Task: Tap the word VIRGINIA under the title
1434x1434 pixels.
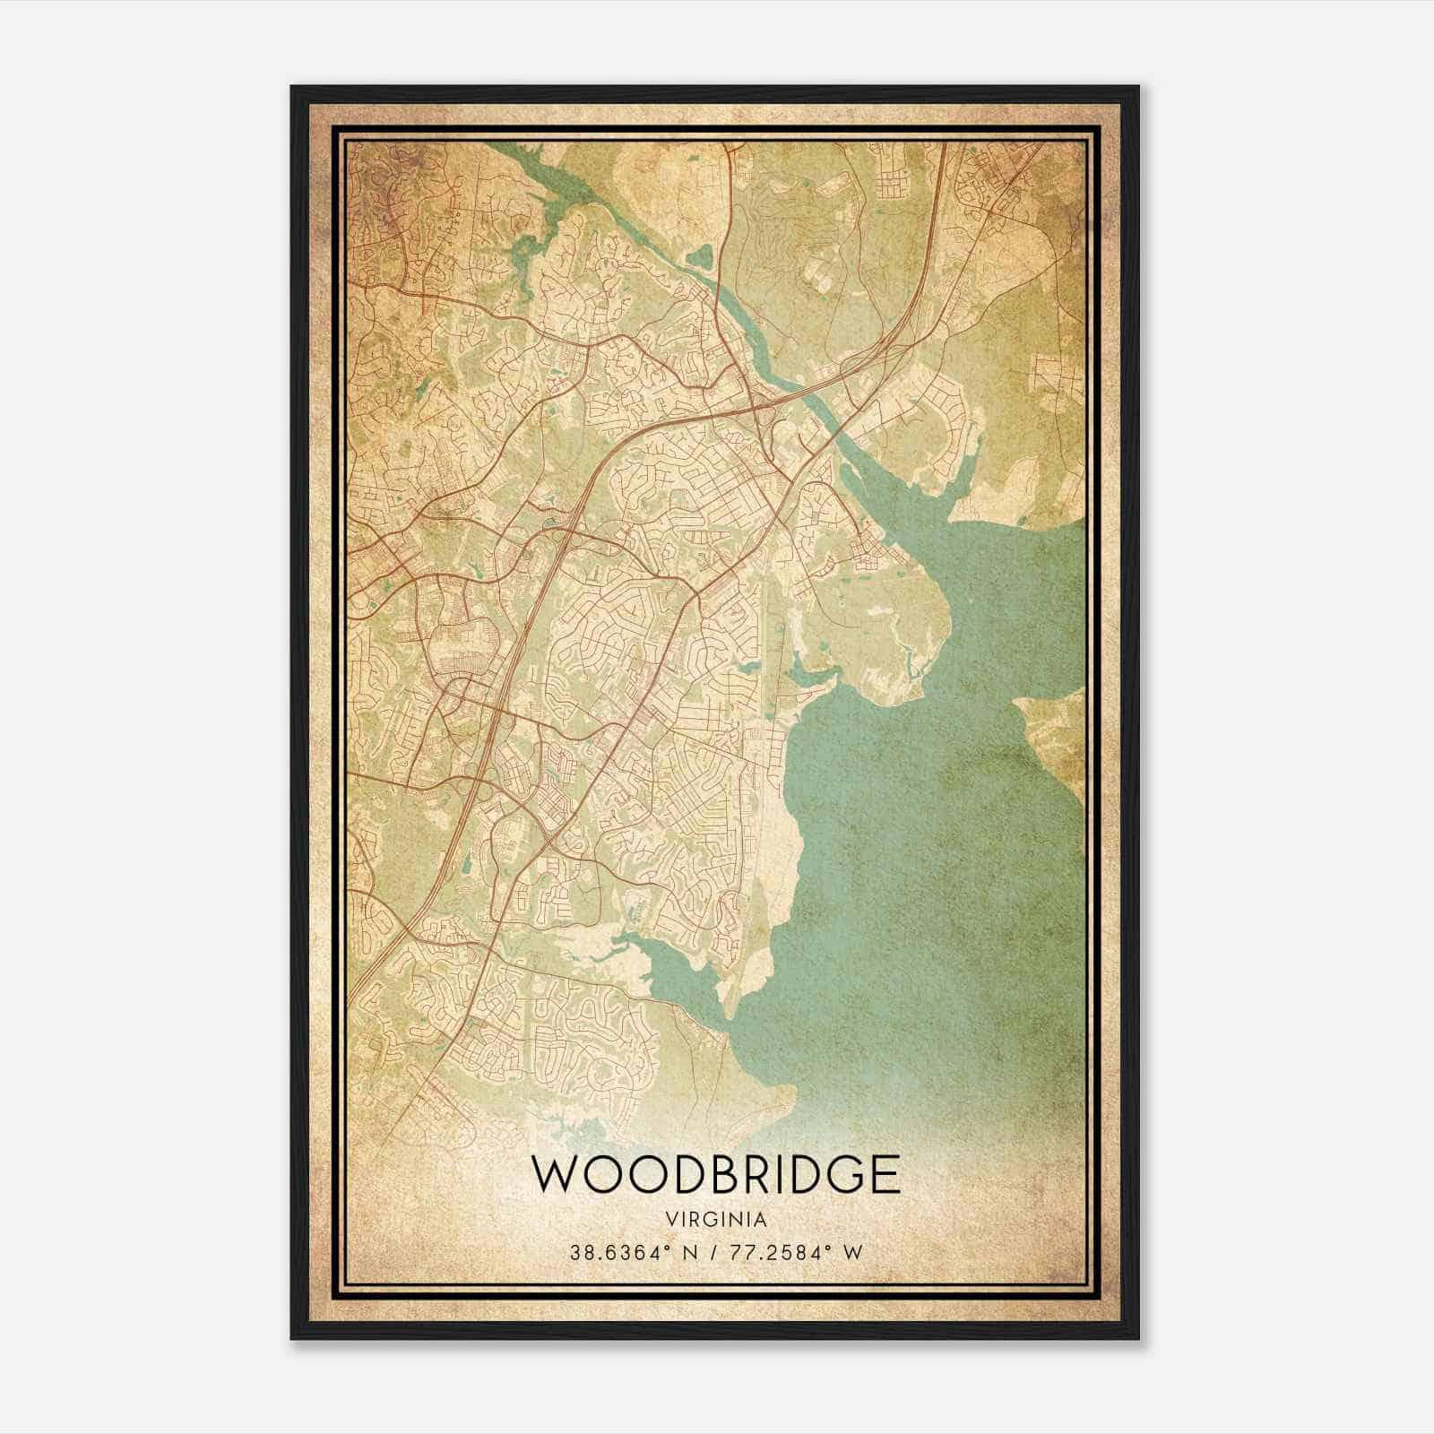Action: tap(716, 1219)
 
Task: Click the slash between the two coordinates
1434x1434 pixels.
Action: tap(709, 1252)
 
